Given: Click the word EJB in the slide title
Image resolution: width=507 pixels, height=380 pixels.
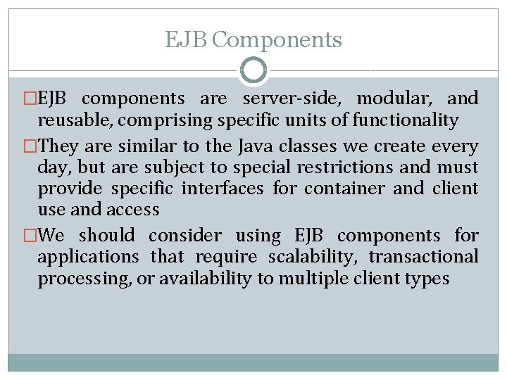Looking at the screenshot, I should [185, 40].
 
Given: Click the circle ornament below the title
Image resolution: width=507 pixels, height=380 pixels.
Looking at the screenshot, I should [254, 70].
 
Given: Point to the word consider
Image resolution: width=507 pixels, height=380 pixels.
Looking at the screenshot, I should [185, 236].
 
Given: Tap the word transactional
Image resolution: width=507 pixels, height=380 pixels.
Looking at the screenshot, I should [423, 257].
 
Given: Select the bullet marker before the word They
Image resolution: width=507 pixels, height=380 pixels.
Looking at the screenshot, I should [30, 147].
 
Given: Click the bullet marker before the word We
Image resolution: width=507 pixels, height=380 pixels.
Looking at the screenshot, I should [30, 236].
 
